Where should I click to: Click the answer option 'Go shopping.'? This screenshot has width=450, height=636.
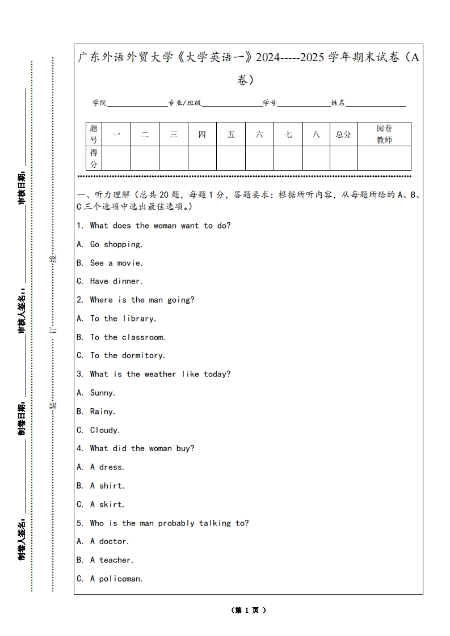(116, 244)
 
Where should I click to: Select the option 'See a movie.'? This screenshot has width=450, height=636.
(116, 263)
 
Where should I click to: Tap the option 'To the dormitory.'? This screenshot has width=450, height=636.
(127, 355)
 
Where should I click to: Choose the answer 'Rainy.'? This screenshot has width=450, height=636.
(102, 412)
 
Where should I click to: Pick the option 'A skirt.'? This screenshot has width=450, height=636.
(107, 504)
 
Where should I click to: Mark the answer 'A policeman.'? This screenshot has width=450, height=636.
(116, 579)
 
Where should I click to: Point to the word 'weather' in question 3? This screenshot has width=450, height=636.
(160, 374)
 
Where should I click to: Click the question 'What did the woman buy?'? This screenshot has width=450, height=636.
(142, 448)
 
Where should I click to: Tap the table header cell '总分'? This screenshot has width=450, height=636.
(343, 134)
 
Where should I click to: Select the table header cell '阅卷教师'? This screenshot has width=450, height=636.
(384, 134)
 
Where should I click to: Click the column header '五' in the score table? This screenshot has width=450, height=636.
(231, 134)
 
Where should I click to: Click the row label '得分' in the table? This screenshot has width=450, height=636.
(94, 158)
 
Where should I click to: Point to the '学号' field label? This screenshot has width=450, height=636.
(270, 103)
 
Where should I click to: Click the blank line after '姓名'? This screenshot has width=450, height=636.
(376, 103)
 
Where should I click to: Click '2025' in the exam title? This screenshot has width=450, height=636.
(313, 58)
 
